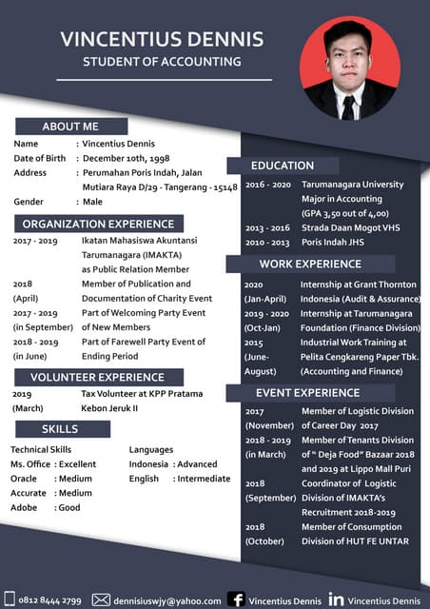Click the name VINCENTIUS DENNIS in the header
(x=162, y=39)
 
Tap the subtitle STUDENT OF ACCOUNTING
(x=162, y=62)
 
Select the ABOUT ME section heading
(x=70, y=127)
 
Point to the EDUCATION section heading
(x=283, y=166)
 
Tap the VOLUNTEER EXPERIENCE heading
(x=97, y=377)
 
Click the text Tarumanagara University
(x=352, y=185)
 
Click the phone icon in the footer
(x=9, y=600)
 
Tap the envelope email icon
(x=101, y=599)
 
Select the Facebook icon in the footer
(x=236, y=599)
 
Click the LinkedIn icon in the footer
(x=336, y=599)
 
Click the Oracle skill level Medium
(x=74, y=479)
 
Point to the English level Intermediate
(x=204, y=479)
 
